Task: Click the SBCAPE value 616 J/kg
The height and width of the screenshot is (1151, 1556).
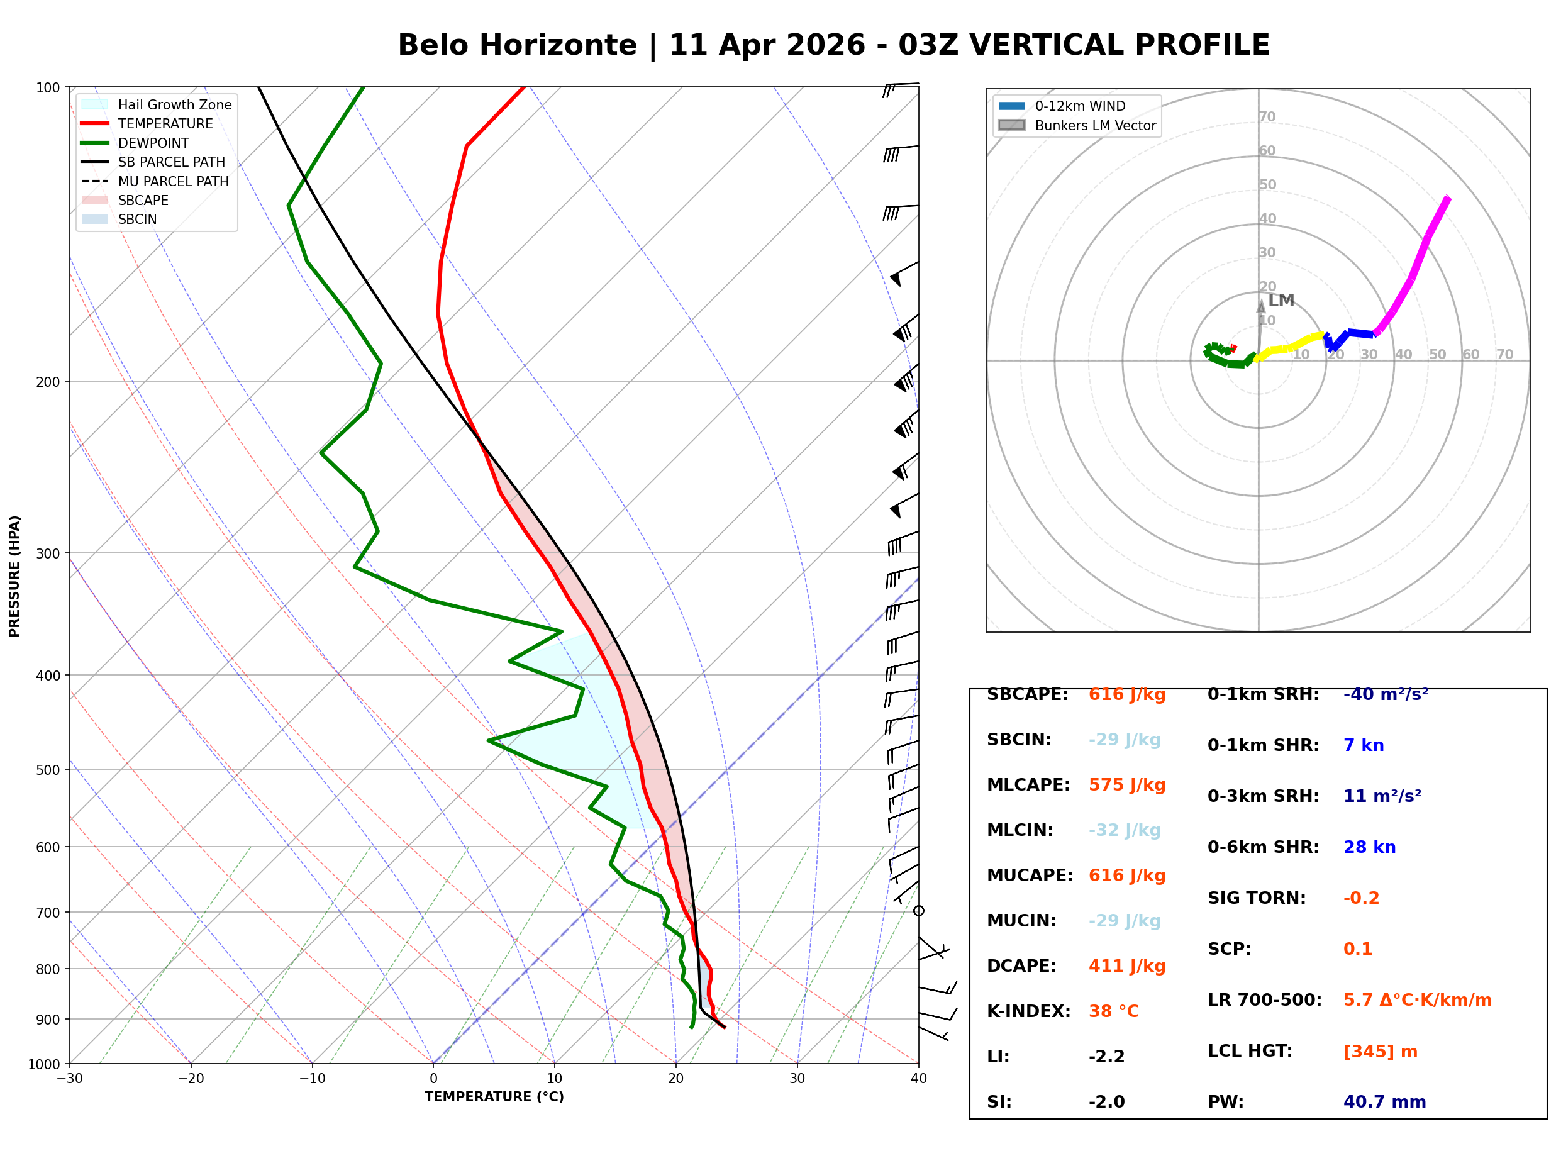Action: point(1126,694)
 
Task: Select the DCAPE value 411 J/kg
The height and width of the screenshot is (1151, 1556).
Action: point(1126,966)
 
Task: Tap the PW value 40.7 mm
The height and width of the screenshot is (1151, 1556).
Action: point(1384,1101)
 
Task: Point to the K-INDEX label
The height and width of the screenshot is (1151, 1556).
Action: point(1028,1011)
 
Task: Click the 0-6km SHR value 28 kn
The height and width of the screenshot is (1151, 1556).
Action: point(1369,847)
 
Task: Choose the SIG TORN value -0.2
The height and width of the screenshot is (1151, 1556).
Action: point(1361,898)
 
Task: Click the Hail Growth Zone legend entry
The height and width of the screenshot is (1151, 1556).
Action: point(157,104)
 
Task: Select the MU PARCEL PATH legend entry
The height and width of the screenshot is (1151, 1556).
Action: point(155,181)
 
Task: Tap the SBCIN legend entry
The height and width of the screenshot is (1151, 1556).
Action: point(119,220)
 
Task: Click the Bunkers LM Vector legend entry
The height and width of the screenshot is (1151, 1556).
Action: point(1077,125)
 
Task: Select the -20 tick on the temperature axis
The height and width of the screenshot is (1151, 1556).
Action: point(190,1079)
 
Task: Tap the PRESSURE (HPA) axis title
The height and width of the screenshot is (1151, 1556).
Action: point(14,576)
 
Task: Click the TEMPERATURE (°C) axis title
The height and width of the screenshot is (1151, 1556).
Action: point(494,1097)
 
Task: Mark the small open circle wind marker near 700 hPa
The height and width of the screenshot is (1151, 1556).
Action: point(919,911)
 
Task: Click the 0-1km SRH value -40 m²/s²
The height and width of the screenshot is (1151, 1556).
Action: point(1386,694)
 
